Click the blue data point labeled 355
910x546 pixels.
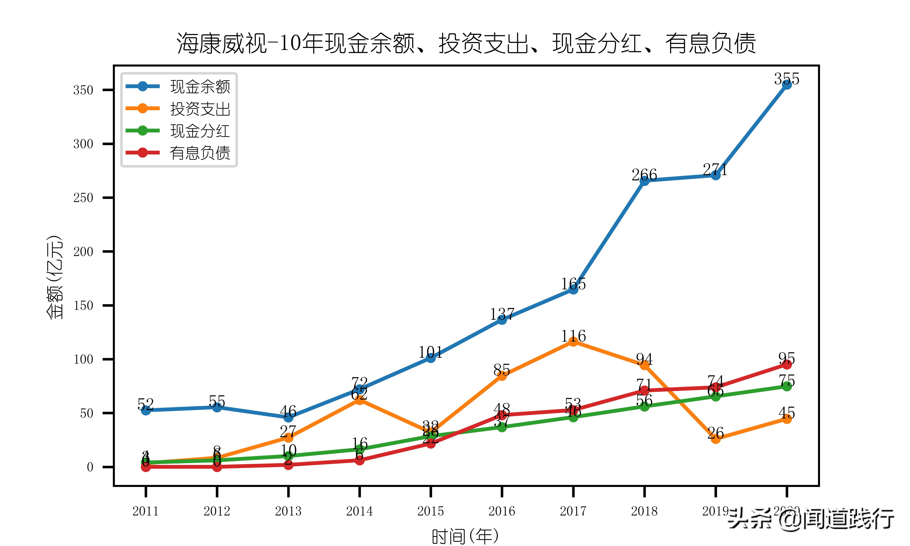coord(786,85)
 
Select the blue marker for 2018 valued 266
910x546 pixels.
coord(644,181)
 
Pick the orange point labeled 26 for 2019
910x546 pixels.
coord(715,439)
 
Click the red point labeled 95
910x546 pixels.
coord(786,364)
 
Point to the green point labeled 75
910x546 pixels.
coord(786,386)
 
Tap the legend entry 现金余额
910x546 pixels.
coord(200,87)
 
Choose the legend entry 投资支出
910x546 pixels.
coord(200,109)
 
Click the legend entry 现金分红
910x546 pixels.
coord(200,131)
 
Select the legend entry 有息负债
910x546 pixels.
coord(200,153)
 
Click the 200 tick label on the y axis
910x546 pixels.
coord(83,252)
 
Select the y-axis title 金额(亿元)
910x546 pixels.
coord(54,277)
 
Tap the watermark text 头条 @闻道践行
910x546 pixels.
coord(811,519)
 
